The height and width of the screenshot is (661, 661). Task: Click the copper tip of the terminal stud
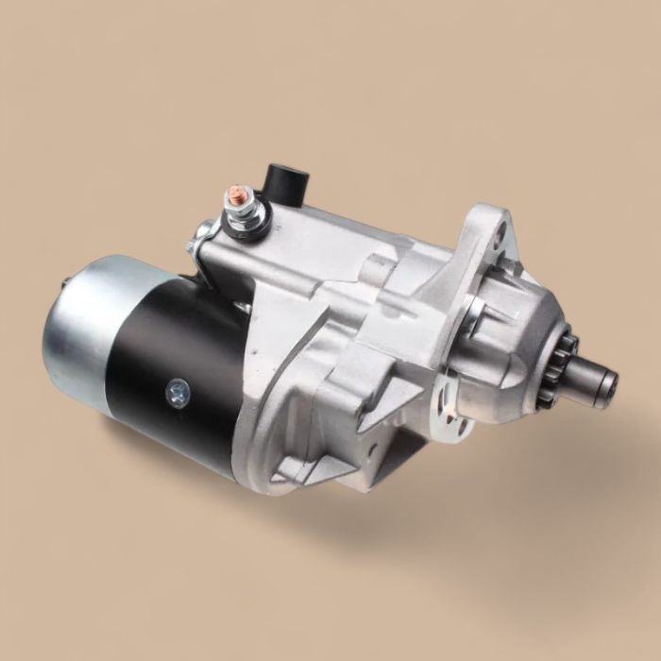click(x=230, y=195)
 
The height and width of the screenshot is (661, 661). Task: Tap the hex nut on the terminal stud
click(x=233, y=209)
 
